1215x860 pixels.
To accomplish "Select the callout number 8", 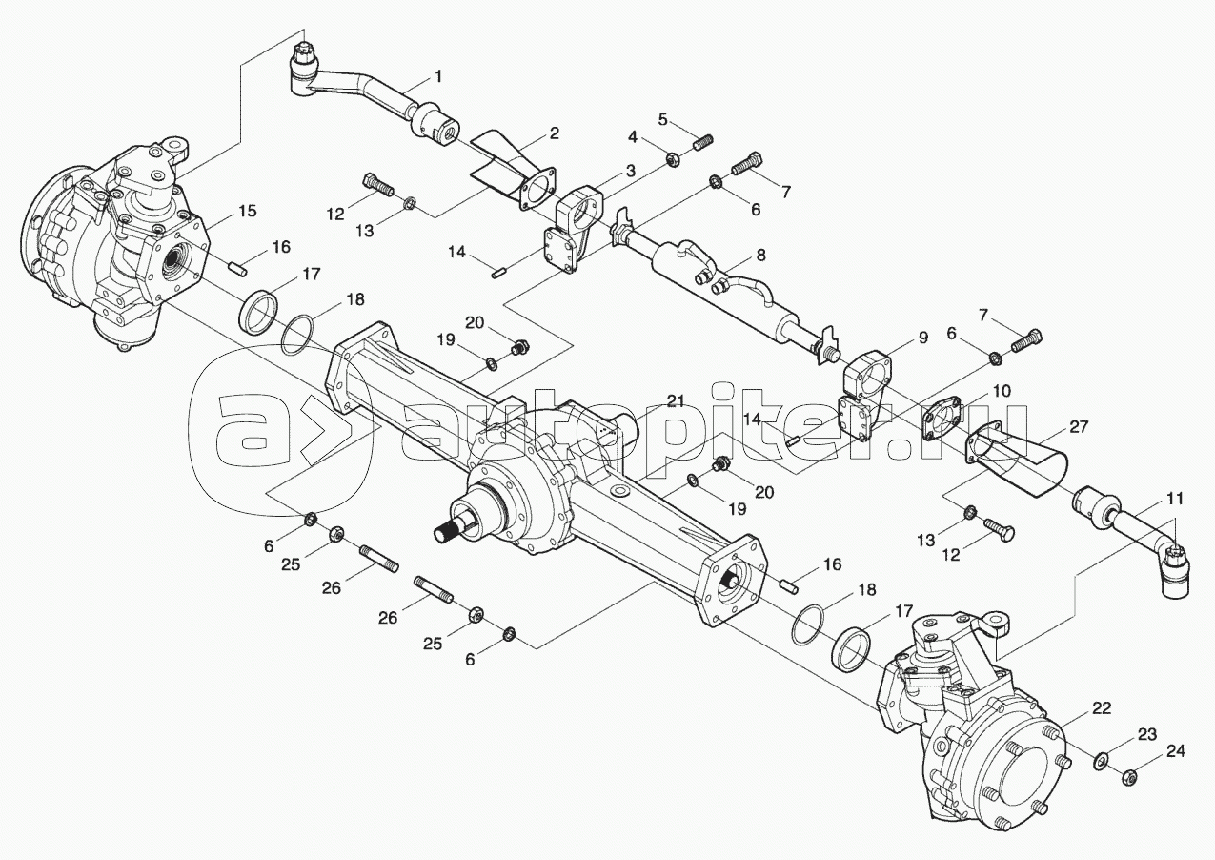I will coord(759,255).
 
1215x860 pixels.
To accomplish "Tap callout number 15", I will coord(247,211).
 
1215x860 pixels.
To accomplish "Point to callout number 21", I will coord(676,400).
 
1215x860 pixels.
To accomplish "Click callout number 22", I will coord(1102,708).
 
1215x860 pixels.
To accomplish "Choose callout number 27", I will coord(1079,427).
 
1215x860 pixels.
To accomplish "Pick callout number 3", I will coord(630,172).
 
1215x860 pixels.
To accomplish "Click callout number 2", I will coord(553,133).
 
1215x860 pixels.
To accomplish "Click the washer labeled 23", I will coord(1101,761).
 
